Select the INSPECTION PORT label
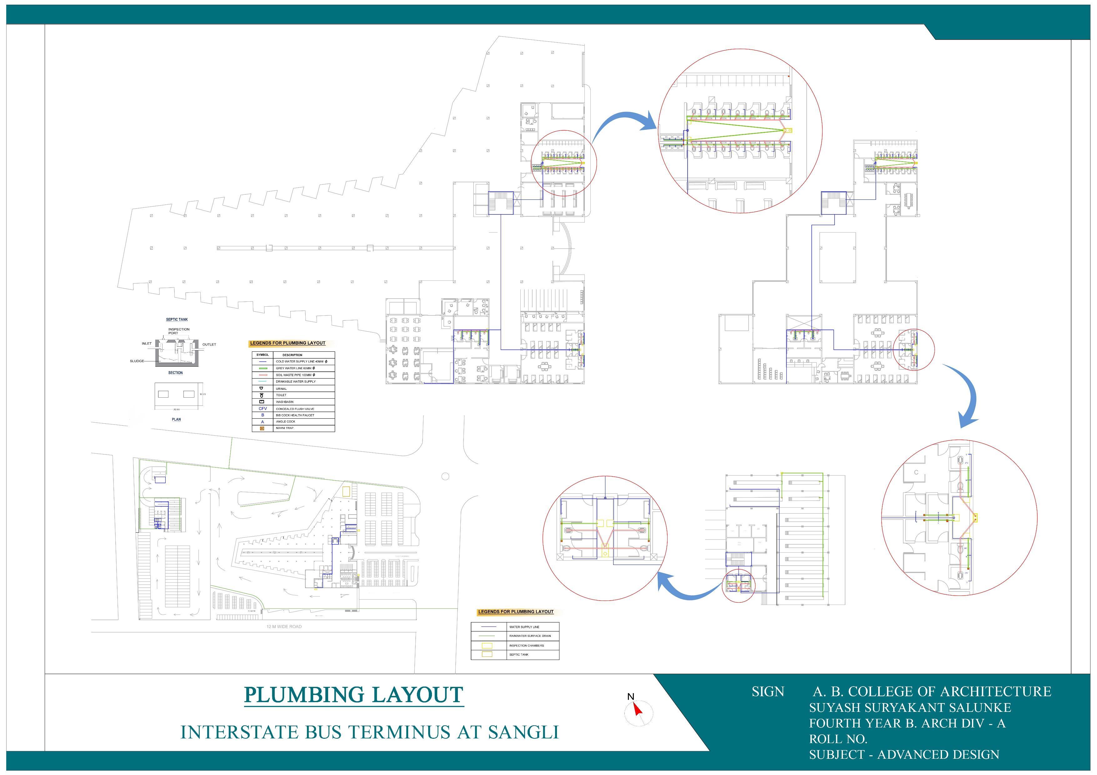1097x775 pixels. (x=179, y=331)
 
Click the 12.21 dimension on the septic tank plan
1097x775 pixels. (x=203, y=394)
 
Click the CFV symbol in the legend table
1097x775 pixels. (x=262, y=409)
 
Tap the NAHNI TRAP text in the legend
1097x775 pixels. (x=284, y=428)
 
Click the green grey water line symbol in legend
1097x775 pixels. (x=262, y=368)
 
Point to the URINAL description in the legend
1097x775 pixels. (x=281, y=389)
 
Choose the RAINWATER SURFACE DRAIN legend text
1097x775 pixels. (x=530, y=636)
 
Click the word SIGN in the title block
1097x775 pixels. (x=767, y=692)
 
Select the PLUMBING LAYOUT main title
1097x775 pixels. (x=353, y=695)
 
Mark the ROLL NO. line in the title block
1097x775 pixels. (x=838, y=739)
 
